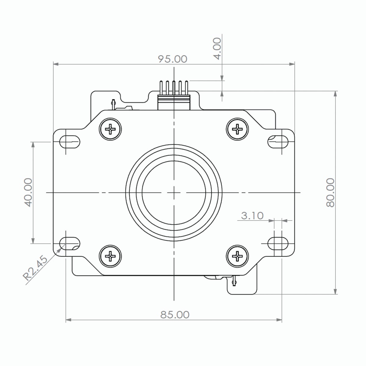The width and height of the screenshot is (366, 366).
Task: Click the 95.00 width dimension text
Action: tap(172, 59)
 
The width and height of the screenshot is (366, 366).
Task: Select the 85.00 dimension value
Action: tap(175, 314)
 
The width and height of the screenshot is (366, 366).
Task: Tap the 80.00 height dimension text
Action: tap(330, 192)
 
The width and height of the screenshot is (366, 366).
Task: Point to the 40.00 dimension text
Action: tap(28, 192)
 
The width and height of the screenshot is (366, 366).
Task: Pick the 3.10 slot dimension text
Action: tap(252, 216)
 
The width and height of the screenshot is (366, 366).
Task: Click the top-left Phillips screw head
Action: tap(110, 129)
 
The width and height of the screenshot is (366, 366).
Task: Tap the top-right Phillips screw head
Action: tap(237, 129)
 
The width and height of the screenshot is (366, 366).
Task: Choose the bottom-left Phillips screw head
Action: tap(110, 256)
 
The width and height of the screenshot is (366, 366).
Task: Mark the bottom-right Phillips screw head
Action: tap(237, 256)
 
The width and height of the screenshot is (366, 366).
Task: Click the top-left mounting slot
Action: tap(70, 141)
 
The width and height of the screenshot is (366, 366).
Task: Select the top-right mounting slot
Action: tap(278, 141)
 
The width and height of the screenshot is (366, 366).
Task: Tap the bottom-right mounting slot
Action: tap(278, 243)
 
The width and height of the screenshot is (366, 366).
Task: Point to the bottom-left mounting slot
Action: tap(70, 243)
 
